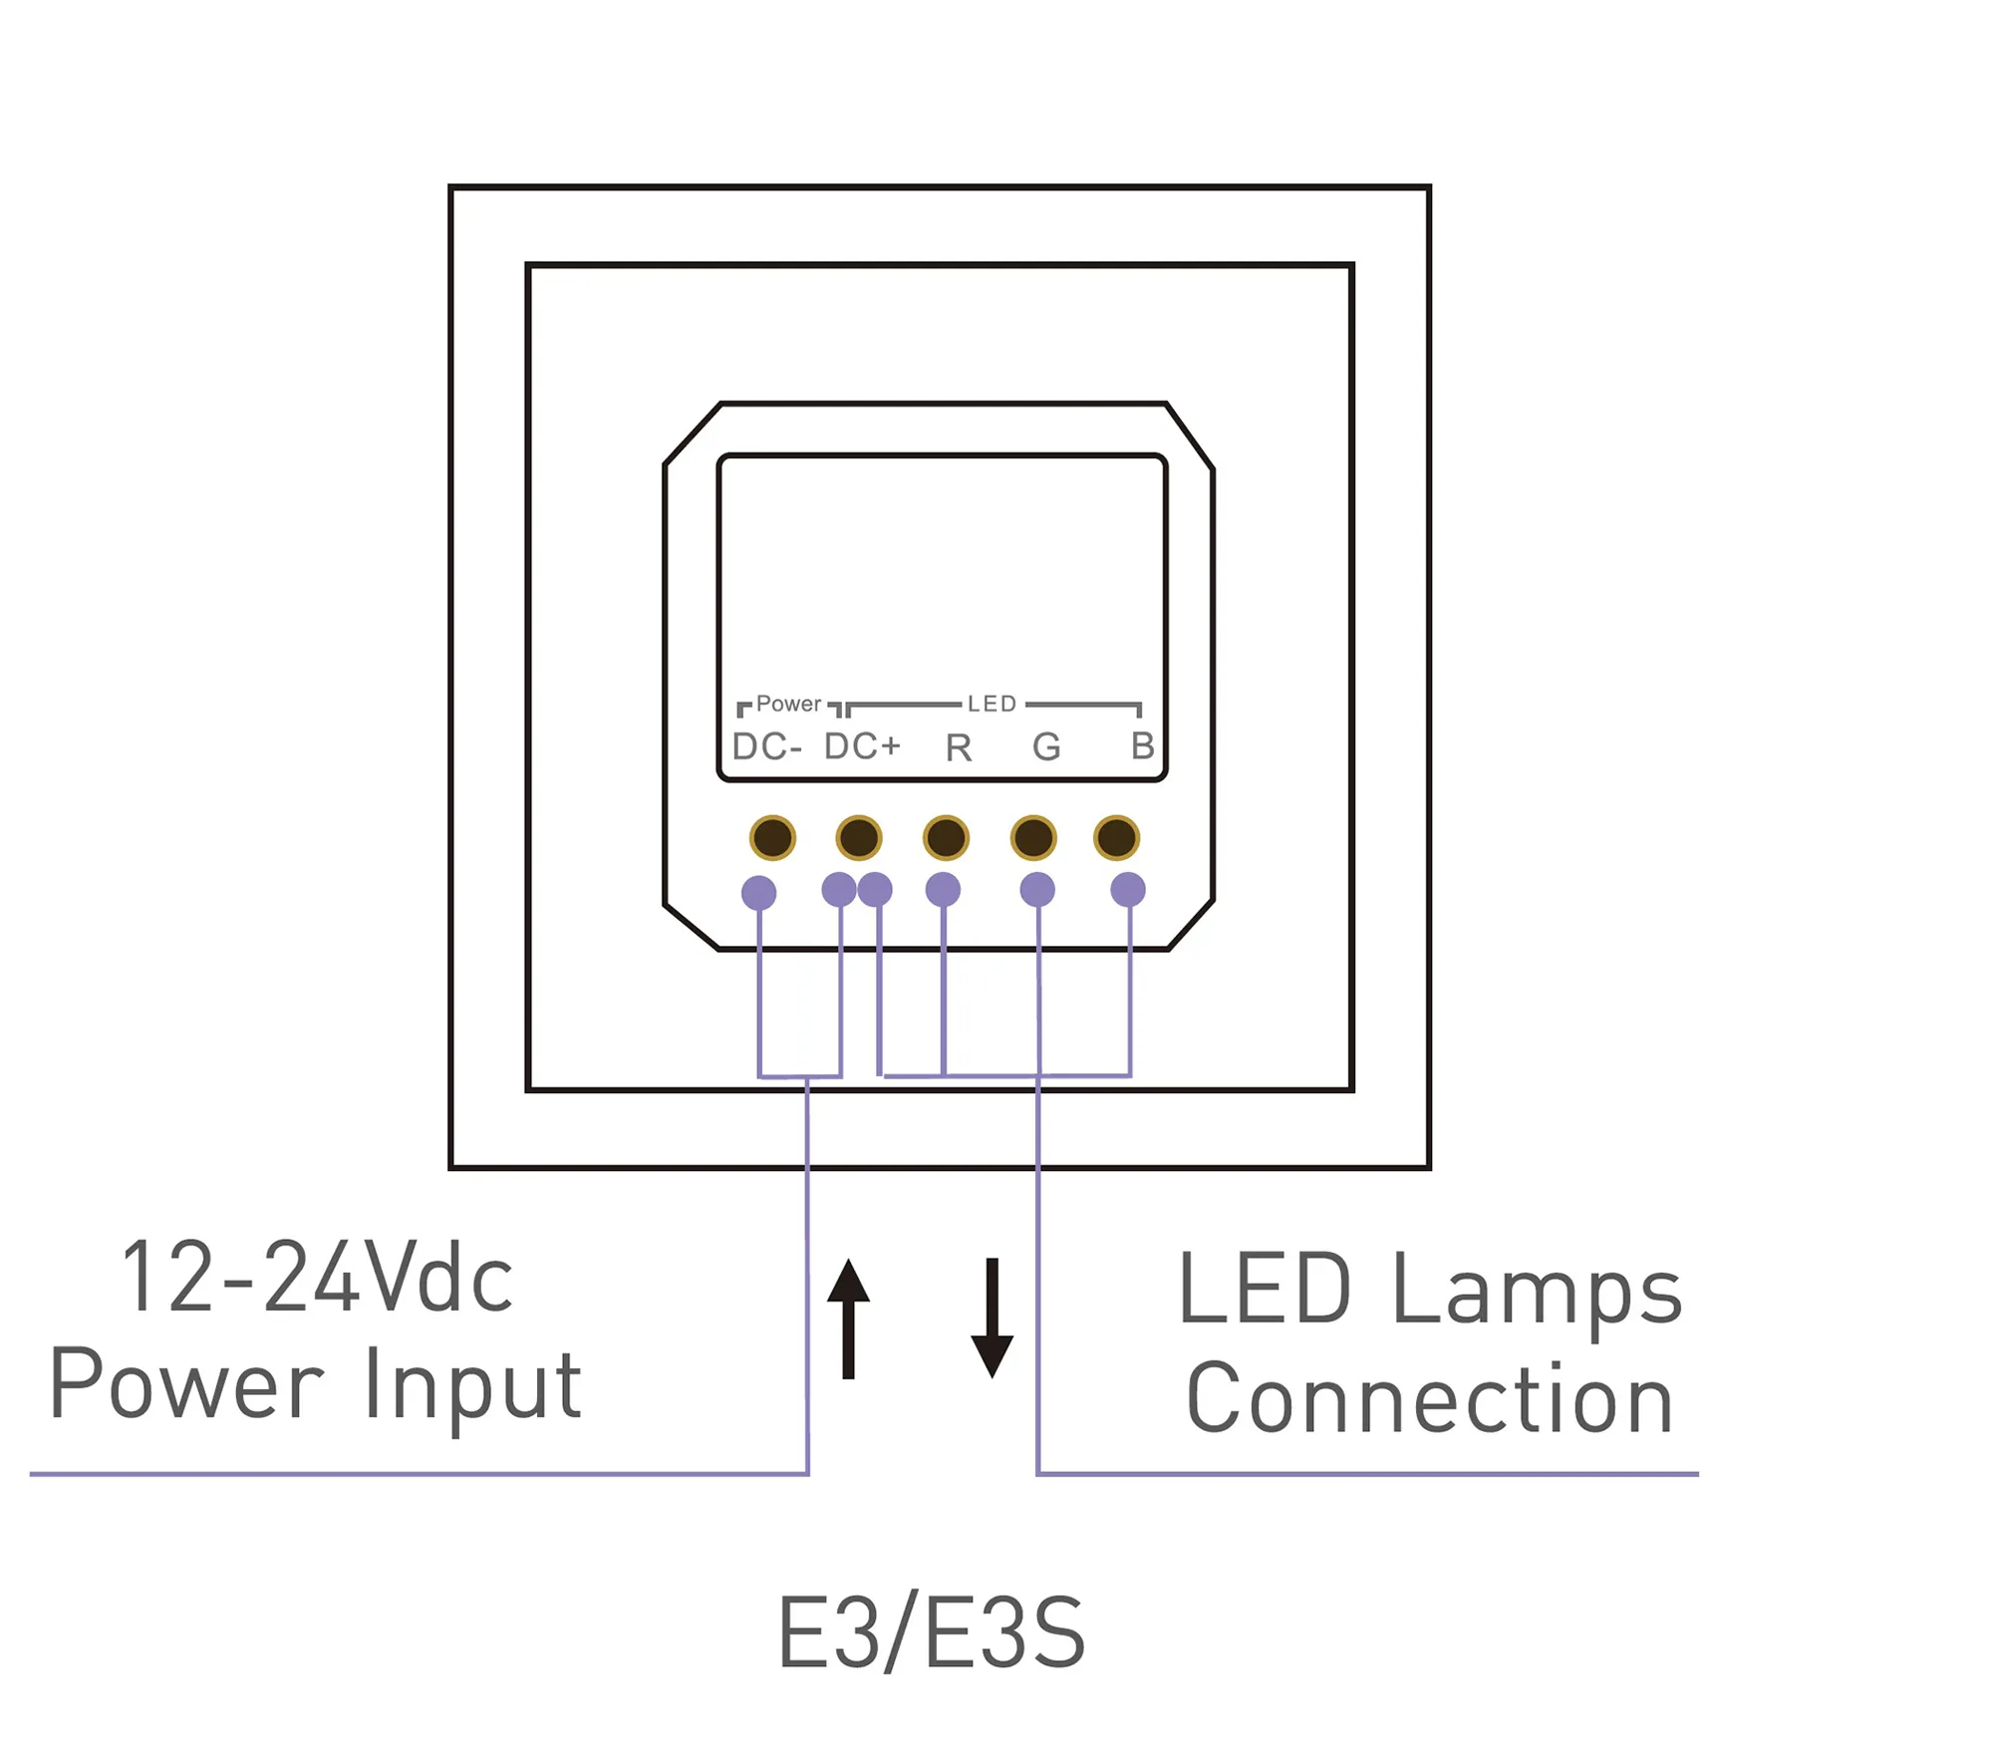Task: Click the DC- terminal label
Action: point(766,746)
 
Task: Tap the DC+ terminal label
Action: point(862,745)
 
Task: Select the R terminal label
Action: point(958,747)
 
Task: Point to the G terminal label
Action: point(1046,746)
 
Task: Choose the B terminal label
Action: point(1142,745)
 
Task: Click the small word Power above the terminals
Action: point(788,704)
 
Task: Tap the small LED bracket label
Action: point(992,704)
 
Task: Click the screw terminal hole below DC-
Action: point(772,837)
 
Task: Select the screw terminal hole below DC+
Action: point(859,837)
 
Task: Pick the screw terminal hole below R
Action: point(946,837)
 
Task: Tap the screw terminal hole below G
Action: point(1033,837)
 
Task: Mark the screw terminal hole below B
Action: point(1116,837)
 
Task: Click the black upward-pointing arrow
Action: point(848,1317)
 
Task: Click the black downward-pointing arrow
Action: point(992,1317)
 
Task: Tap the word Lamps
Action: point(1537,1290)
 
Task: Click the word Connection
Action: point(1430,1399)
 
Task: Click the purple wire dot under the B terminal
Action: point(1128,889)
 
